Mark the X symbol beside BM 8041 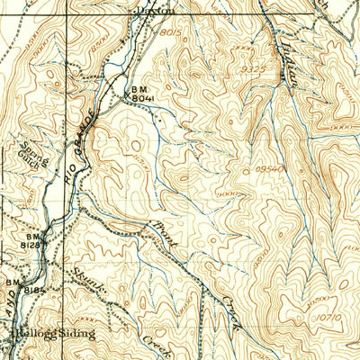127,97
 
